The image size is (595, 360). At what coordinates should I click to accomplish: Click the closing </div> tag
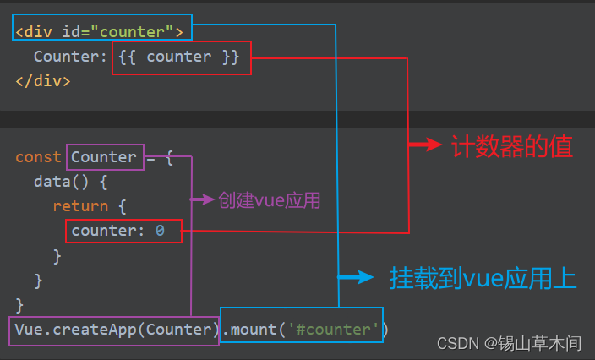pos(43,81)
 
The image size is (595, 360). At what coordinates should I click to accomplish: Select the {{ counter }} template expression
pos(180,57)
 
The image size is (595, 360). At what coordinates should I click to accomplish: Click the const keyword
pos(38,157)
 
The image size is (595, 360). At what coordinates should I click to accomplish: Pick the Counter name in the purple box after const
pos(104,157)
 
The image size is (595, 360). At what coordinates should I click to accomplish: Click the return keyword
pos(80,206)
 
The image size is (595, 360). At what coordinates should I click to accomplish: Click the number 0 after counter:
pos(160,231)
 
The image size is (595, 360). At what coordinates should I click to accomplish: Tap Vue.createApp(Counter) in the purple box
pos(114,329)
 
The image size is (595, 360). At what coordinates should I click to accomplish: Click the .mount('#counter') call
pos(303,329)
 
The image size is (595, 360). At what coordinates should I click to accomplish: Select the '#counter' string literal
pos(336,329)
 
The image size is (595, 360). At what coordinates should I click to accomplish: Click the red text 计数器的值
pos(511,147)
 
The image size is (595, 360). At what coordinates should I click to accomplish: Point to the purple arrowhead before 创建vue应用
pos(208,200)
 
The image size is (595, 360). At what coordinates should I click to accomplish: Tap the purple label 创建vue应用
pos(269,200)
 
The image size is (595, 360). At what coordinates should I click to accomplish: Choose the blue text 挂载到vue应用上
pos(483,278)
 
